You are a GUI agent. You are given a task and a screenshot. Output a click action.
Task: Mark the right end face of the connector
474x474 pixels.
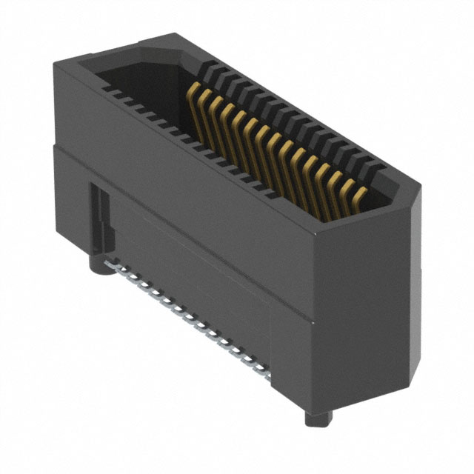(363, 311)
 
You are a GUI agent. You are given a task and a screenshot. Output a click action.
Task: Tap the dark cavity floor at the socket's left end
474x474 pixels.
(141, 81)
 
